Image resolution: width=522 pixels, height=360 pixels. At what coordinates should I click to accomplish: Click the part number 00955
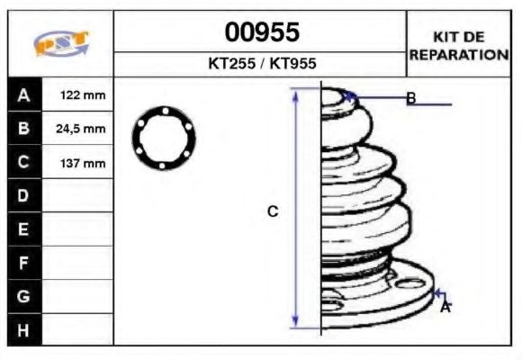pos(261,33)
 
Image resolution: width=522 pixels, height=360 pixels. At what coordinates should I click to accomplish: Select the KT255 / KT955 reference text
pos(261,65)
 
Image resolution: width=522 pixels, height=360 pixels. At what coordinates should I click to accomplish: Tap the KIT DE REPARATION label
pos(459,45)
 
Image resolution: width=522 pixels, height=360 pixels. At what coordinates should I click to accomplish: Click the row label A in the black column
pos(23,95)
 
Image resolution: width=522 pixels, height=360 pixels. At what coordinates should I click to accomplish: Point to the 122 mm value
pos(80,95)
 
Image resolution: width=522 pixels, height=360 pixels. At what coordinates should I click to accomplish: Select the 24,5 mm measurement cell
pos(80,129)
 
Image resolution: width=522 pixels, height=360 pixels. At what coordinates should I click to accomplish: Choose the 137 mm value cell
pos(80,163)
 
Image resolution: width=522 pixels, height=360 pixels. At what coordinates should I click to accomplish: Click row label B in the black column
pos(23,129)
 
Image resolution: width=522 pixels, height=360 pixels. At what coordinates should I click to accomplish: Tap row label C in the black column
pos(23,163)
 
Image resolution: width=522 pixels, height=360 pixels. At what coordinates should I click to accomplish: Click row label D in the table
pos(23,195)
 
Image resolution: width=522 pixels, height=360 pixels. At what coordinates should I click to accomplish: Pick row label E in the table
pos(23,229)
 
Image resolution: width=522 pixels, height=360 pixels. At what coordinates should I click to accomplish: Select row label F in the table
pos(23,263)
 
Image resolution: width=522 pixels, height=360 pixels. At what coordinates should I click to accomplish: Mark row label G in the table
pos(23,296)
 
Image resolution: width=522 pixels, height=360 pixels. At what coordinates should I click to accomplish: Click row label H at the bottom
pos(23,330)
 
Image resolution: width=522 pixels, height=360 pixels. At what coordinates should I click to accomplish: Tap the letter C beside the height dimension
pos(273,211)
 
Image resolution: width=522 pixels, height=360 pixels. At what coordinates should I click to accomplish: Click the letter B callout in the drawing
pos(410,98)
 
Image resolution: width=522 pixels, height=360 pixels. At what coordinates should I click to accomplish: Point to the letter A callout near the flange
pos(445,308)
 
